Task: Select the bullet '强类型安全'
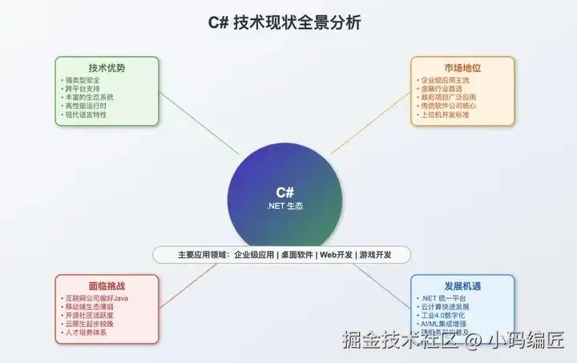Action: pos(83,80)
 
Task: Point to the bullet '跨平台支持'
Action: pos(83,89)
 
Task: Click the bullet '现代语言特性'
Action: pos(87,115)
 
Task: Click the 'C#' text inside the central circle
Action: pos(285,192)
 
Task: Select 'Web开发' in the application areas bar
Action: pos(337,255)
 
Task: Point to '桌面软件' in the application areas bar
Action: pos(294,255)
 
